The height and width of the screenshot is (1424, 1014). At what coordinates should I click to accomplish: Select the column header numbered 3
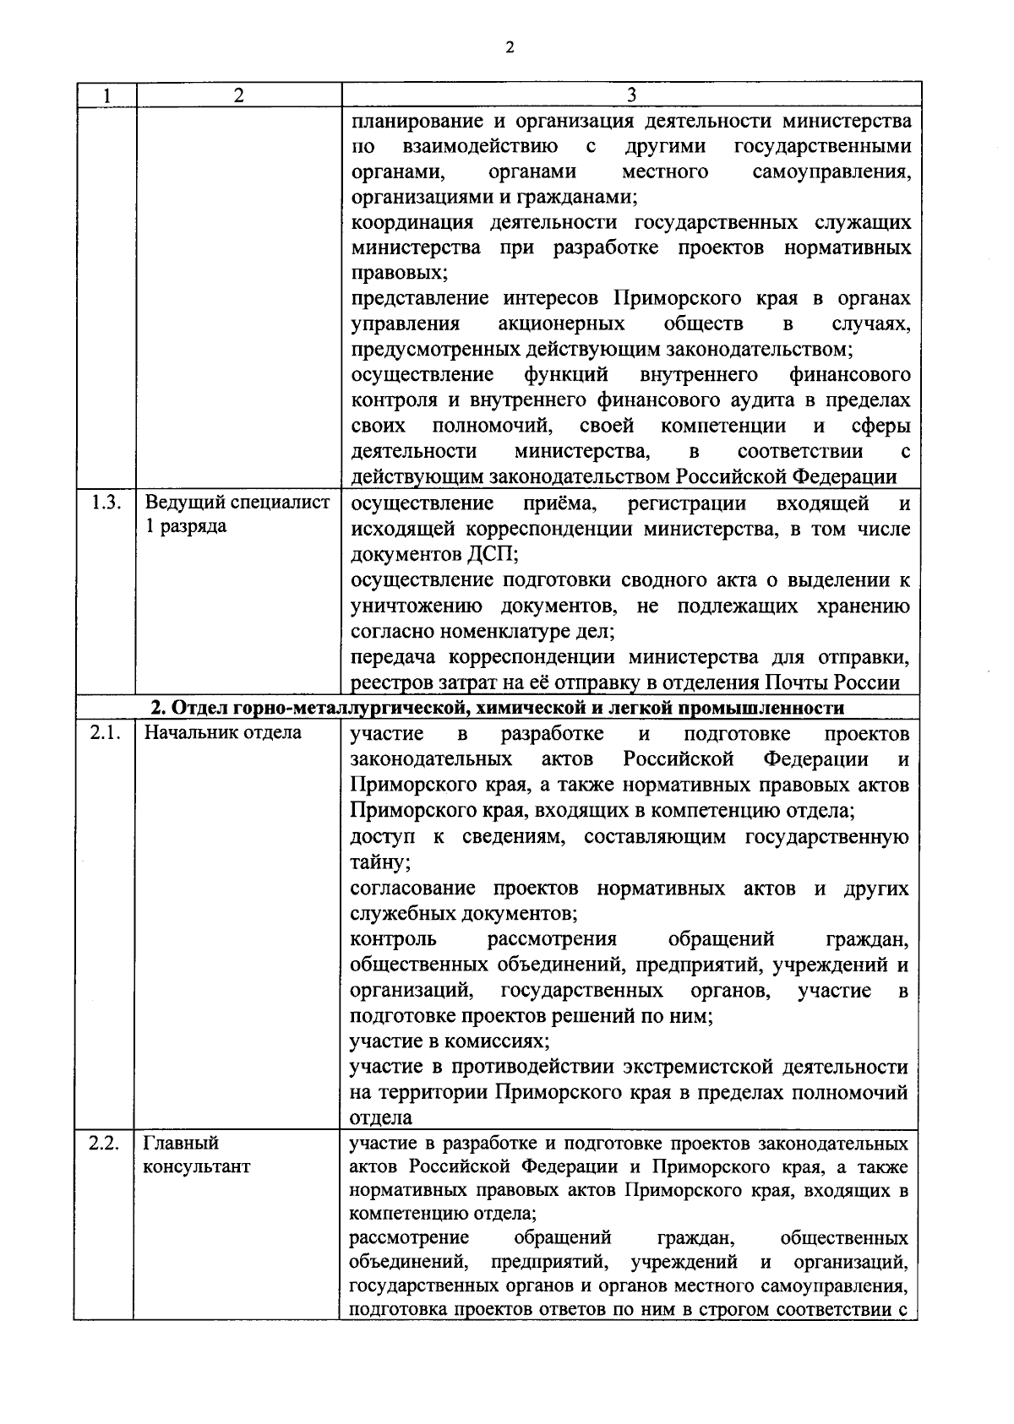tap(631, 95)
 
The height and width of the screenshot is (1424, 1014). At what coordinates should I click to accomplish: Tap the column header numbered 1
tap(105, 95)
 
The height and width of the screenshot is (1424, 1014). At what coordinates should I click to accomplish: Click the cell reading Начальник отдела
tap(223, 732)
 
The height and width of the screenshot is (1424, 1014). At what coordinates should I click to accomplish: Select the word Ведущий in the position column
tap(183, 503)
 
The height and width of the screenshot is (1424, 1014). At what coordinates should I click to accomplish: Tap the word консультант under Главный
tap(197, 1167)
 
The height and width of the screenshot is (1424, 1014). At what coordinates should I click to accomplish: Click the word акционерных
tap(561, 324)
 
